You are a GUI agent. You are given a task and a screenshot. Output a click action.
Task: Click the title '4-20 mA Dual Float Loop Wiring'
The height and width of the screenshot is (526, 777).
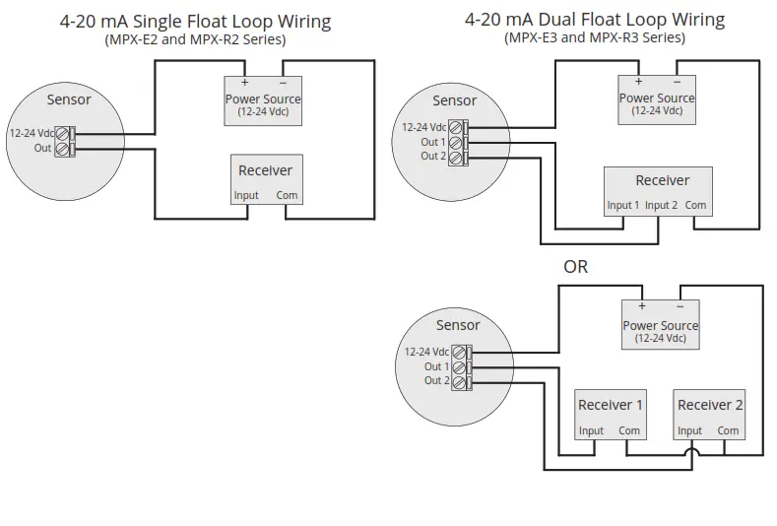595,19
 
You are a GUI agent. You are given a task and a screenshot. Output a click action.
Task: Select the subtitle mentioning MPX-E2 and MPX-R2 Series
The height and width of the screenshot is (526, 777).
195,39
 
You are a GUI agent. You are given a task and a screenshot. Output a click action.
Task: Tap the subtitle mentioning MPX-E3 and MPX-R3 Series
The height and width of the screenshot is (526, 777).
594,37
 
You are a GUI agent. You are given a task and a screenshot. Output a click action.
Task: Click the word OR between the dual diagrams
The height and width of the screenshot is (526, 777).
575,266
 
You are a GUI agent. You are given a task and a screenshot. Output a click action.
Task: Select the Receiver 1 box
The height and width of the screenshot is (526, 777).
611,414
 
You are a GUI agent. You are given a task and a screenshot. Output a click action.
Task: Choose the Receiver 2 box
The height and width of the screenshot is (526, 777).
710,414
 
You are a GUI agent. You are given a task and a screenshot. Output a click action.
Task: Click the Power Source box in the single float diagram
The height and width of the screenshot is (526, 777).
263,100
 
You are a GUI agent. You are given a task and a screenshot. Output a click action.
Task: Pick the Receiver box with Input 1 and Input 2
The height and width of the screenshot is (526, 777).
657,191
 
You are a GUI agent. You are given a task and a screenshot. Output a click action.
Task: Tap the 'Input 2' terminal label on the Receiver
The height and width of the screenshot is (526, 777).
662,206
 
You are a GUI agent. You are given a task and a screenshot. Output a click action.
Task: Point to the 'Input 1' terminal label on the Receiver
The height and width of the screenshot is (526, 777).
623,206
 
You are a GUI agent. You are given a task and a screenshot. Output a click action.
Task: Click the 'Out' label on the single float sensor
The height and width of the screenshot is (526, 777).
42,149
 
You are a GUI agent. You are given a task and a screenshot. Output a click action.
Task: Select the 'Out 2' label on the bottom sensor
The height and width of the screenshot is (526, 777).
437,380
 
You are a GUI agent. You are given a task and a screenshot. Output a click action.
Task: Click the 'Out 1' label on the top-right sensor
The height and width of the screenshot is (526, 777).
433,142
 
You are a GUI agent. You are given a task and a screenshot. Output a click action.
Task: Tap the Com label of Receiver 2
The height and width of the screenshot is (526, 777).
728,430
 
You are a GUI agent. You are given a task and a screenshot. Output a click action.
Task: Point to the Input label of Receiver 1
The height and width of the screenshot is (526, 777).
591,430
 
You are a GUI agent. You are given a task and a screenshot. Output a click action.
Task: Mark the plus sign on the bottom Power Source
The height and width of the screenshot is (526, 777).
641,306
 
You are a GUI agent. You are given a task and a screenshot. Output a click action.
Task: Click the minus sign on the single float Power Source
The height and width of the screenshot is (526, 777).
283,82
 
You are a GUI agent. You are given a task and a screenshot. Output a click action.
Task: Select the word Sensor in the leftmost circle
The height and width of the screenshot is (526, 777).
69,99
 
